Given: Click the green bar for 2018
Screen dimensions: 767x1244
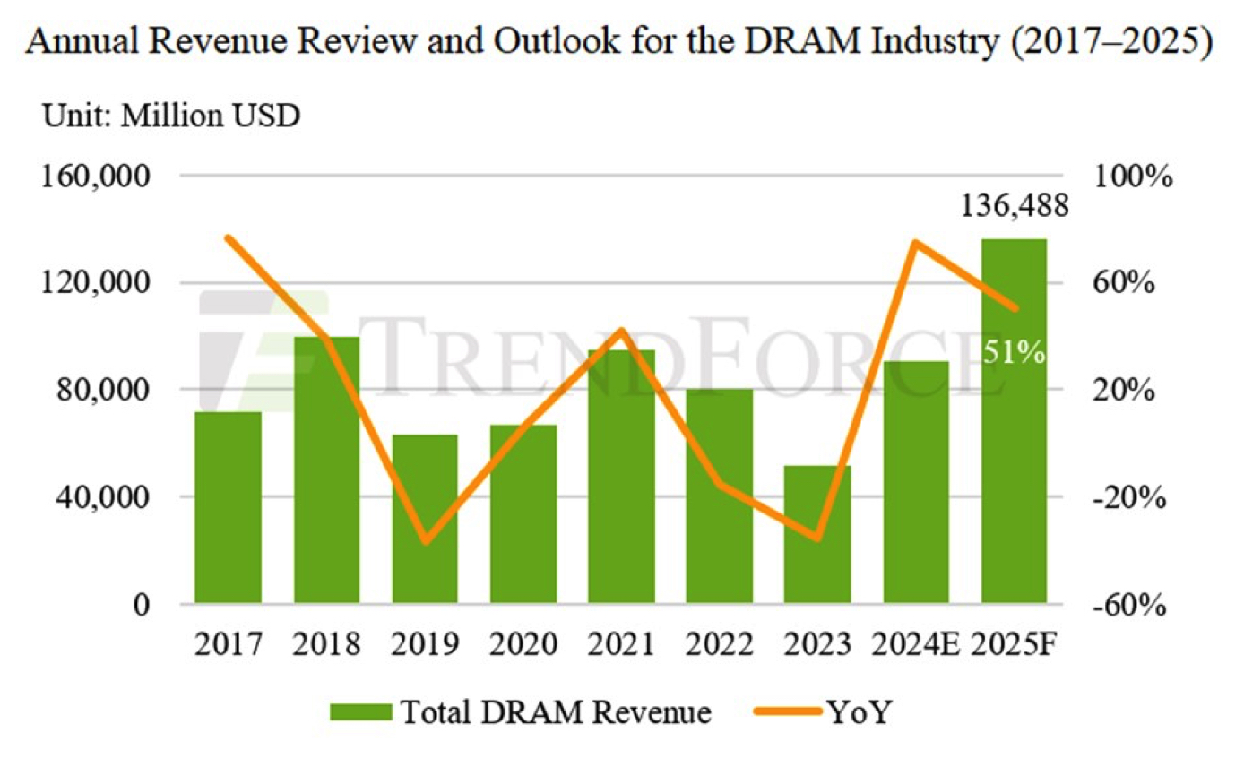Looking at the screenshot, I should tap(326, 470).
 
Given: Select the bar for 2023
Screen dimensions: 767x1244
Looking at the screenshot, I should tap(817, 534).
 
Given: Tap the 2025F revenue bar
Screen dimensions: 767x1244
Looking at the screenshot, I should tap(1014, 421).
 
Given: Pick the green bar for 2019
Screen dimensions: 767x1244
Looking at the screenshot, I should tap(425, 519).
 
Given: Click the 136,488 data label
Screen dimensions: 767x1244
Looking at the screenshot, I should tap(1014, 207).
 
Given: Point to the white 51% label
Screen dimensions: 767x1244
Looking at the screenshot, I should tap(1014, 352).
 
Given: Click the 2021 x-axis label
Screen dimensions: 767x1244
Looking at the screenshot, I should tap(621, 644).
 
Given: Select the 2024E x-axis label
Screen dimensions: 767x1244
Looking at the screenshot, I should tap(916, 644).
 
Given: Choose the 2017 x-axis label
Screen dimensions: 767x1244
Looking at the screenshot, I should tap(228, 644).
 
